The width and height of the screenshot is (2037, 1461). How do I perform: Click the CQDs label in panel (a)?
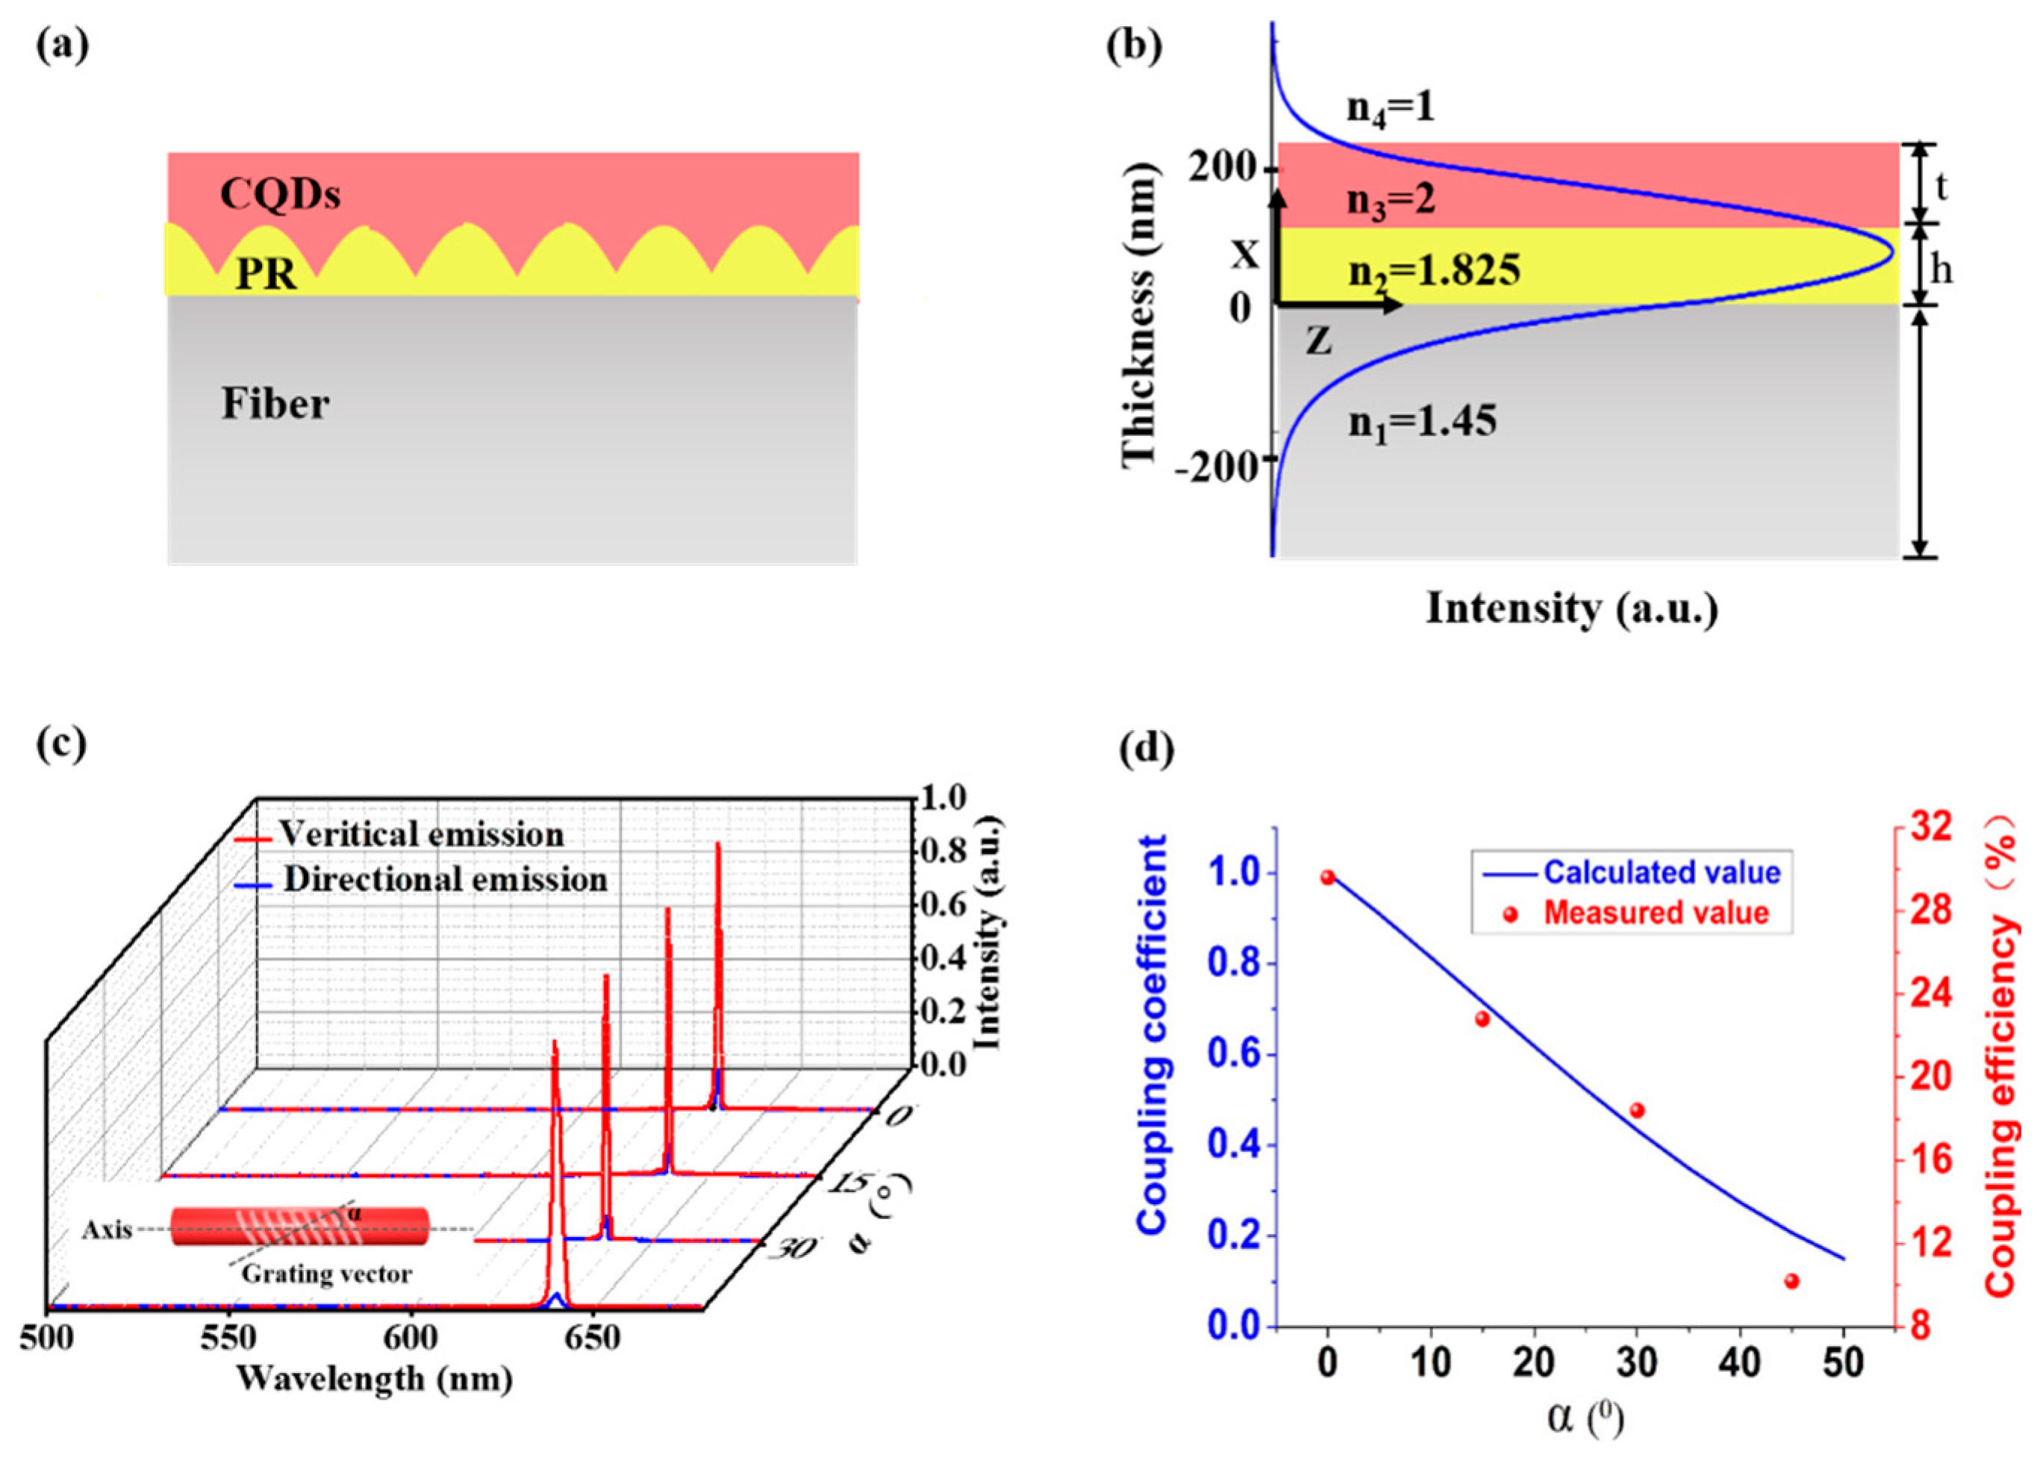(x=280, y=194)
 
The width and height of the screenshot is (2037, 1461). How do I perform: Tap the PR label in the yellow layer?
(x=266, y=273)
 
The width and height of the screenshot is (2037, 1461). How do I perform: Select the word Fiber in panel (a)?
(x=275, y=405)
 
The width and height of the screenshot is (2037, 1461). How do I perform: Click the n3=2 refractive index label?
(x=1391, y=199)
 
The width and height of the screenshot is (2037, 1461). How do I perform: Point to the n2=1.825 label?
(x=1435, y=270)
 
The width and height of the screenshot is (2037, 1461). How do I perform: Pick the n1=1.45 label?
(x=1423, y=420)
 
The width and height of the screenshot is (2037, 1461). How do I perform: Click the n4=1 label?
(x=1391, y=108)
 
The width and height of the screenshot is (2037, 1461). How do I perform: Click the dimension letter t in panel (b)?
(x=1941, y=187)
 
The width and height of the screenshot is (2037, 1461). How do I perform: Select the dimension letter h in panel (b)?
(x=1941, y=269)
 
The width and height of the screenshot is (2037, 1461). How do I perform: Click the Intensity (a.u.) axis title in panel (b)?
(x=1572, y=608)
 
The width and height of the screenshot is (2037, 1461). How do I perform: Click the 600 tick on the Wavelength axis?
(x=411, y=1339)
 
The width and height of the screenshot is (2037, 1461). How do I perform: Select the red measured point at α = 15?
(x=1482, y=1019)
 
